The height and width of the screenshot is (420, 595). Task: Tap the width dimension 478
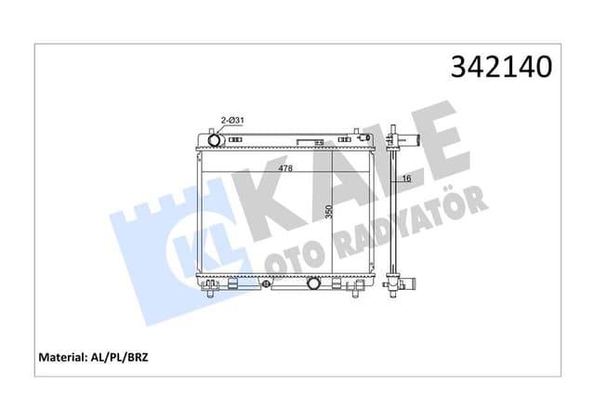click(x=284, y=168)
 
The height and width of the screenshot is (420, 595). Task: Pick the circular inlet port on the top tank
click(x=216, y=140)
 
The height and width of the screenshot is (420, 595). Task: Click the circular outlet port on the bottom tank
click(x=314, y=282)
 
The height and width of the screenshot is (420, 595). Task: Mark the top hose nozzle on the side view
click(x=411, y=140)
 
